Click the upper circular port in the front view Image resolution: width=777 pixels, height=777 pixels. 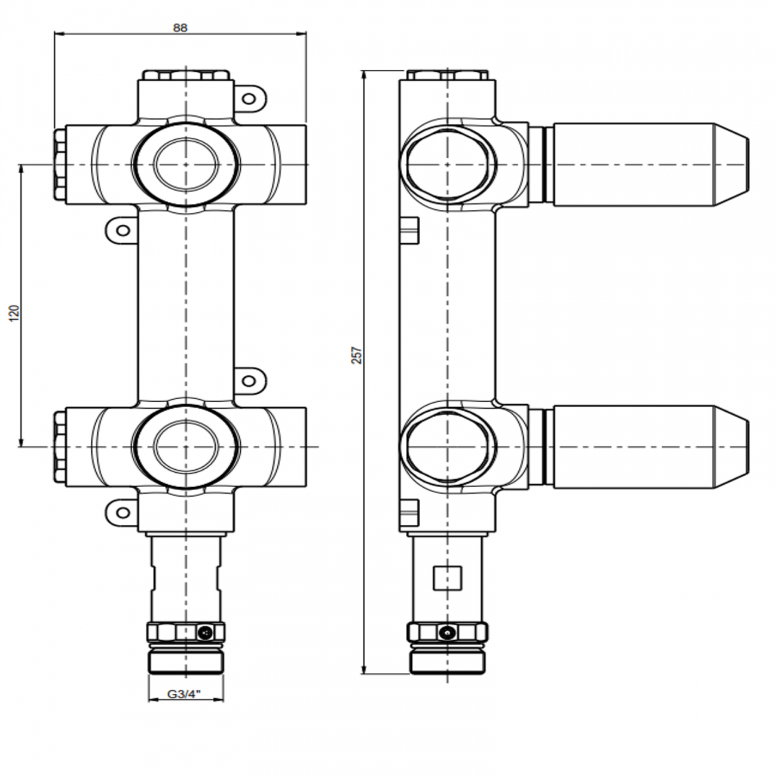coord(185,164)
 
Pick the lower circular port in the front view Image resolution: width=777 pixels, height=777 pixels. coord(185,446)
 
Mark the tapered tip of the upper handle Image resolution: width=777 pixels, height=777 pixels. coord(732,164)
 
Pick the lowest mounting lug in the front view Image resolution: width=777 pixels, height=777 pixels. coord(122,512)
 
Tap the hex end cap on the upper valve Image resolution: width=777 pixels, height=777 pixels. coord(60,164)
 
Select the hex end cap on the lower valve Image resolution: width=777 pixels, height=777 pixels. coord(60,446)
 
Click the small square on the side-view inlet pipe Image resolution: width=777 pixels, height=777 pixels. coord(447,577)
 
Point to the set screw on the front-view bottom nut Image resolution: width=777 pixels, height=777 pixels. coord(205,632)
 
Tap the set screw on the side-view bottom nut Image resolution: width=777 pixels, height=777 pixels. coord(446,632)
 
